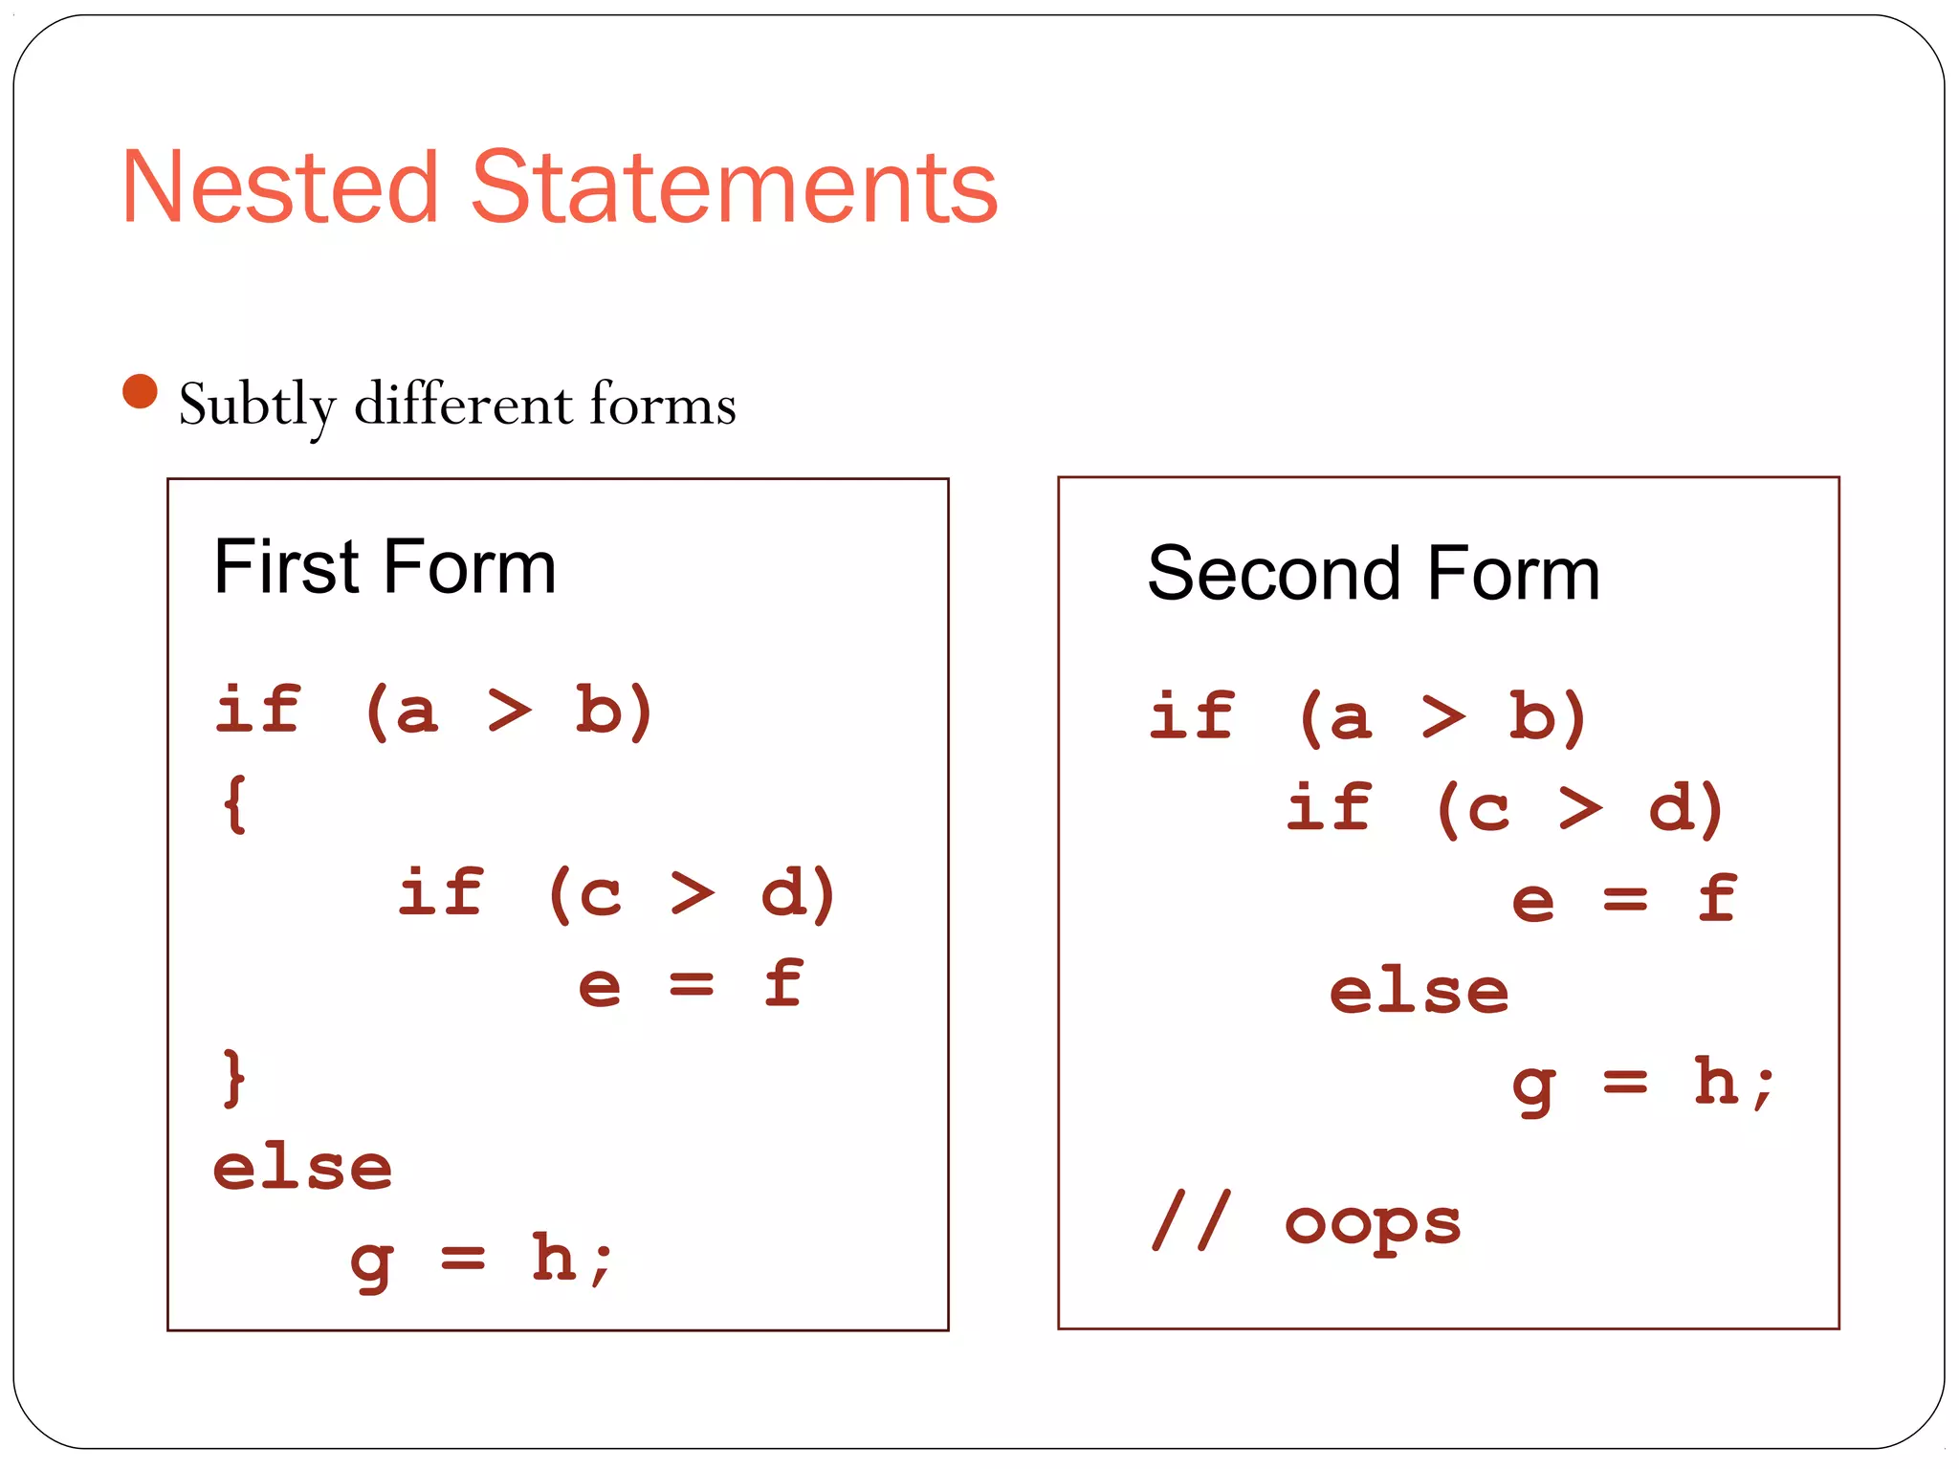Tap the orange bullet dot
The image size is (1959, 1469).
[141, 391]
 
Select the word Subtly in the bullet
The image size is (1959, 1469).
[257, 406]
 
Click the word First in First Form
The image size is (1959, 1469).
[286, 567]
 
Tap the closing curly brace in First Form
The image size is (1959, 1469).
[233, 1079]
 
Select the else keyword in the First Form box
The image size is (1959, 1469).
[302, 1169]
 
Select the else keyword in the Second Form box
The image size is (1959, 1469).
[1420, 991]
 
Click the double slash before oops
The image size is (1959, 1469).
[1192, 1220]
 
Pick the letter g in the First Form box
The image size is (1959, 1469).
[371, 1264]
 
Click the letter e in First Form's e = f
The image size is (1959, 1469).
[600, 986]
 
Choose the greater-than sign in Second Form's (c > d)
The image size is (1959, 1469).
[1581, 808]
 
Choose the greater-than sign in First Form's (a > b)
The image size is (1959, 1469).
[509, 712]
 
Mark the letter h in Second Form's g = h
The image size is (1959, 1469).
[1717, 1081]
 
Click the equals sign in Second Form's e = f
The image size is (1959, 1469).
[1625, 900]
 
